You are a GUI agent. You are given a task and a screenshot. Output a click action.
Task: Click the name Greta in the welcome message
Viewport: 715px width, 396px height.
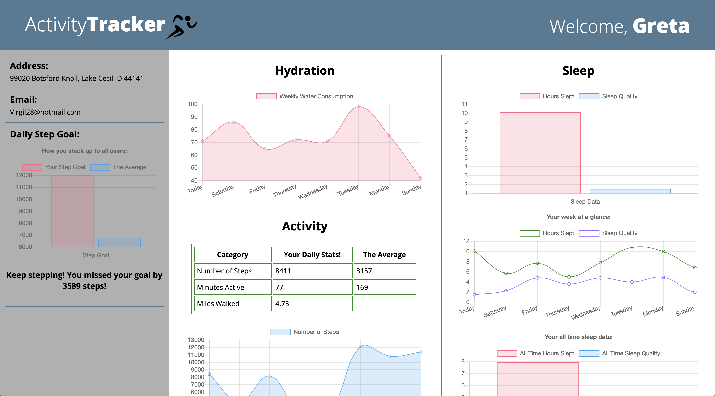point(661,26)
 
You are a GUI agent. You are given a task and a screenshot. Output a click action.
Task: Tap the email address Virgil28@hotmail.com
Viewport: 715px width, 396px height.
point(45,112)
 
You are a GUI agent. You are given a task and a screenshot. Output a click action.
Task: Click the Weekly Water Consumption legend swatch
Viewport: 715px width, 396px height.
point(266,96)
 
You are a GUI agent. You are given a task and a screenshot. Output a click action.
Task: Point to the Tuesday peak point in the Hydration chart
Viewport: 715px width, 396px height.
point(358,107)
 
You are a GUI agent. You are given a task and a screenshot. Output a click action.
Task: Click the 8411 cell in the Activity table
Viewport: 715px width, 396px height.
point(312,271)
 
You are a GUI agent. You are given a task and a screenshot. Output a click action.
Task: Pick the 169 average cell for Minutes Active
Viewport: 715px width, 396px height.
point(384,287)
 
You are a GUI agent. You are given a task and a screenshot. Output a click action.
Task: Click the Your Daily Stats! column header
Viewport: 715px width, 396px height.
point(312,254)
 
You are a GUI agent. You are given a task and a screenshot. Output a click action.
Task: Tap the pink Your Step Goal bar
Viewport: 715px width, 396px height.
point(72,211)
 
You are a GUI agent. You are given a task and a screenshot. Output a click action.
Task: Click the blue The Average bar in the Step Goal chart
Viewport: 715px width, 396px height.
point(119,243)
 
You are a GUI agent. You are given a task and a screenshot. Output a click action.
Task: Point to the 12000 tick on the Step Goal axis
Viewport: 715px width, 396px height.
point(24,175)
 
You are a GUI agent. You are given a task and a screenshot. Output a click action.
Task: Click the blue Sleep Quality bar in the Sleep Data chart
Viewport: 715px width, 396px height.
point(630,191)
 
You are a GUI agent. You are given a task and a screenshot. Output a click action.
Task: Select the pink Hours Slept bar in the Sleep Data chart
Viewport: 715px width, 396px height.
point(540,153)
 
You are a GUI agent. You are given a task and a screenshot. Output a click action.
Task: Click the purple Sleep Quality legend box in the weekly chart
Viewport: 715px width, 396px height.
point(589,233)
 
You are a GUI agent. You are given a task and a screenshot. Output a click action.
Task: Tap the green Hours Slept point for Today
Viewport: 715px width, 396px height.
point(475,251)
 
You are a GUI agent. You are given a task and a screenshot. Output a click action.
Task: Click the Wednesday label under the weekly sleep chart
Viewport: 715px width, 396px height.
point(585,313)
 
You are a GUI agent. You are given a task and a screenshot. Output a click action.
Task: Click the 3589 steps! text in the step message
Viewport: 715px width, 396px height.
point(84,286)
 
